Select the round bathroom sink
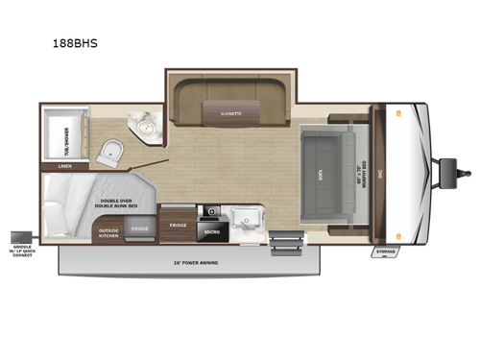coord(146,128)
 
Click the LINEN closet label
coord(64,166)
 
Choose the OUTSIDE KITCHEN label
coord(108,233)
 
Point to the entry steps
coord(285,244)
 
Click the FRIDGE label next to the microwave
coord(178,225)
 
